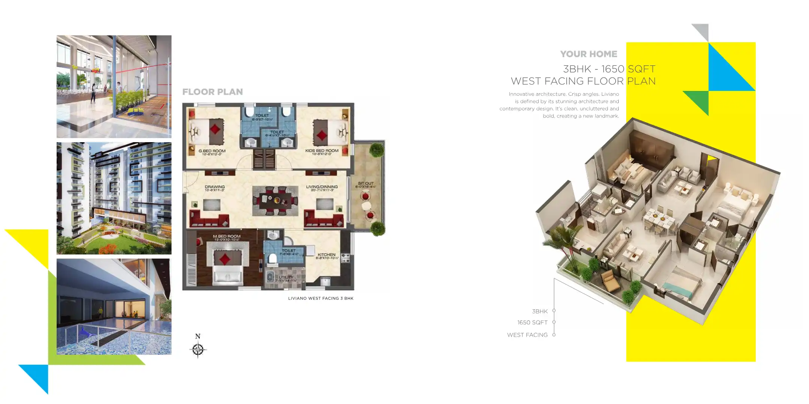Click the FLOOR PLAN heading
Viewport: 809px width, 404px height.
tap(212, 92)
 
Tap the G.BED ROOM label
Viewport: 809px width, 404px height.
tap(212, 151)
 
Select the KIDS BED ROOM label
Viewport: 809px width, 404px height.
tap(322, 151)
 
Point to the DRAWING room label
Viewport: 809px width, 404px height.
tap(215, 187)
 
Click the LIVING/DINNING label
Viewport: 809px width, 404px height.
tap(322, 187)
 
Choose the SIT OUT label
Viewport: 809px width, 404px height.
tap(366, 184)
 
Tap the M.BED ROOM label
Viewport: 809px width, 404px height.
tap(227, 236)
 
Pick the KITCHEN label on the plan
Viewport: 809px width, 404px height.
tap(327, 255)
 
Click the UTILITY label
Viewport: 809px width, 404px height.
tap(286, 278)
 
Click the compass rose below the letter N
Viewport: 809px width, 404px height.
tap(198, 350)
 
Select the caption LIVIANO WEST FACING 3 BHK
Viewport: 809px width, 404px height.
tap(321, 299)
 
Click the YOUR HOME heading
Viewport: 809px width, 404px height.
tap(588, 54)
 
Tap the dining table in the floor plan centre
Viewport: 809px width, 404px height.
tap(275, 201)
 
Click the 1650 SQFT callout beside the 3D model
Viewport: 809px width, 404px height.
tap(532, 322)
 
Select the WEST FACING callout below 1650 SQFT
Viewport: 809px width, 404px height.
tap(527, 335)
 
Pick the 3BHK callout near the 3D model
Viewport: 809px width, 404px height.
tap(540, 311)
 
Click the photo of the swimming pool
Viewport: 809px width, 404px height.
tap(114, 307)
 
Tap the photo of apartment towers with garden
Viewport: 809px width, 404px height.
tap(114, 198)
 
